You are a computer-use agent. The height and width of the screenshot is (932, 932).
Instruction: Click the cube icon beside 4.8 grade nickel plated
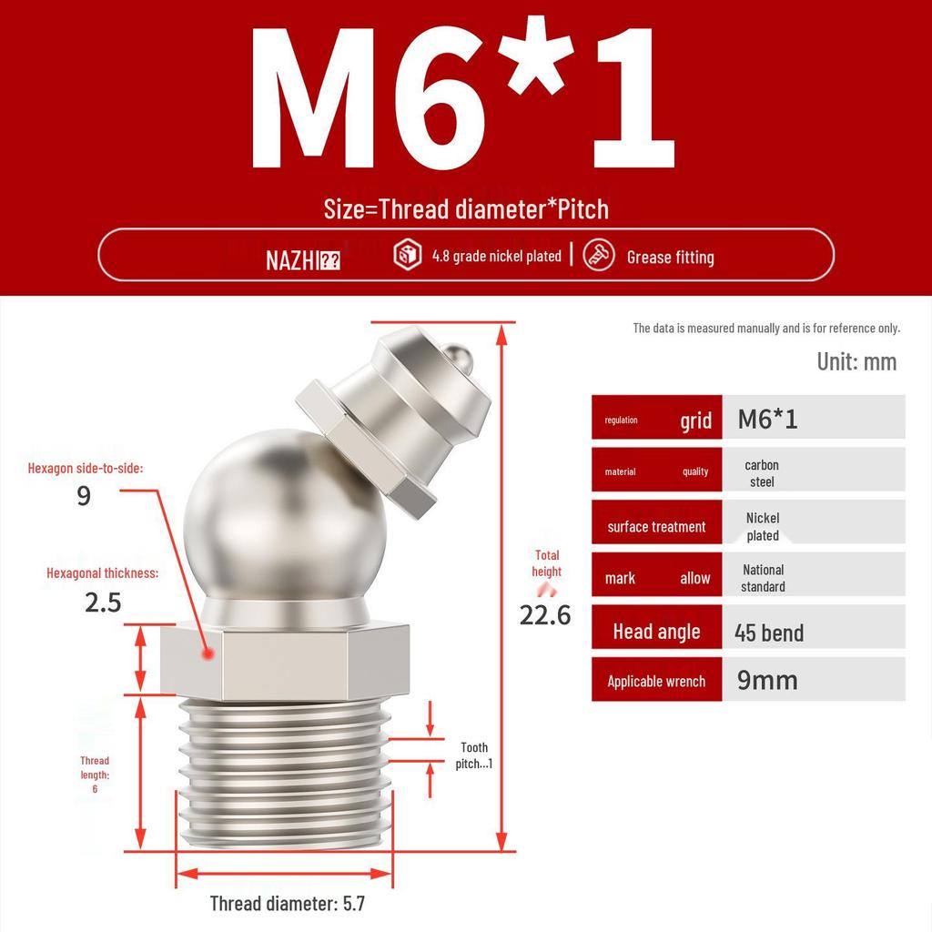tap(407, 255)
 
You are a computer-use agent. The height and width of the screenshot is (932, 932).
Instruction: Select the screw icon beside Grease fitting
tap(598, 255)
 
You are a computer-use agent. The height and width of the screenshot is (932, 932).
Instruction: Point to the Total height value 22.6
tap(545, 614)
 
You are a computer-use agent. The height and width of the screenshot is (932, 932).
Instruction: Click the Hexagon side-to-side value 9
tap(84, 497)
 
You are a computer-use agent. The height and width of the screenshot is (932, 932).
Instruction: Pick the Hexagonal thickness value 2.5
tap(103, 603)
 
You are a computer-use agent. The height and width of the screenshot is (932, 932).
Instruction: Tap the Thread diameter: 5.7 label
tap(287, 904)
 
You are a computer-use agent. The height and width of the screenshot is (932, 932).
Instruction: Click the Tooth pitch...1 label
tap(473, 755)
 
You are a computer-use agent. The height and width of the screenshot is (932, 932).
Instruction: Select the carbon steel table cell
tap(762, 473)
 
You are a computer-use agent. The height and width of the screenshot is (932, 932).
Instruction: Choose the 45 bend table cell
tap(769, 633)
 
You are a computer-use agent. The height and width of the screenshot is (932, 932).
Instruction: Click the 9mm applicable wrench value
tap(767, 680)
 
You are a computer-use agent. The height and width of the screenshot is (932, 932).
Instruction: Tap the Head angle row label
tap(656, 632)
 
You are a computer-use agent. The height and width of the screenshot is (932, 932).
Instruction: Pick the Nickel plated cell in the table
tap(763, 526)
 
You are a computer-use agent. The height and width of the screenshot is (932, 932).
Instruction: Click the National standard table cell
tap(763, 578)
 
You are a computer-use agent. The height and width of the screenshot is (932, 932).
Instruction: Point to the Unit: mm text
tap(856, 361)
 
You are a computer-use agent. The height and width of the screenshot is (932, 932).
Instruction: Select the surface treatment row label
tap(656, 527)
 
